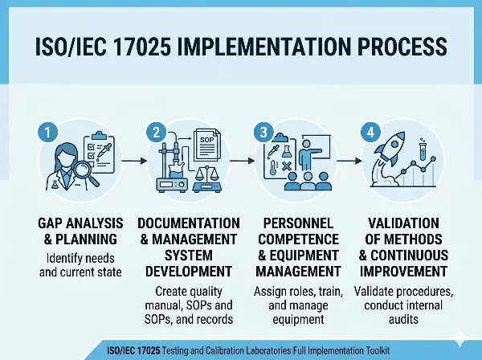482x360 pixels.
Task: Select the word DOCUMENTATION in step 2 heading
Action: coord(188,223)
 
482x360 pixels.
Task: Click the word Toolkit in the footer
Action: coord(371,350)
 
